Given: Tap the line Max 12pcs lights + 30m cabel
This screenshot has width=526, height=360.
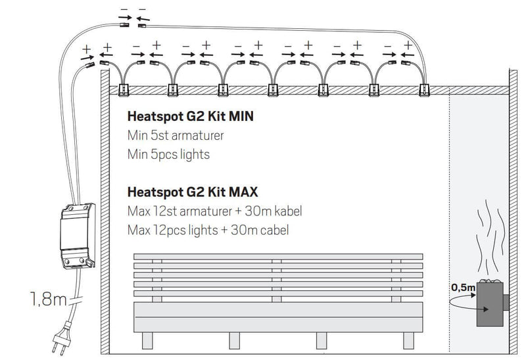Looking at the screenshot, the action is tap(208, 231).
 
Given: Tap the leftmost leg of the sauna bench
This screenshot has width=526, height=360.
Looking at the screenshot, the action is tap(146, 339).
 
